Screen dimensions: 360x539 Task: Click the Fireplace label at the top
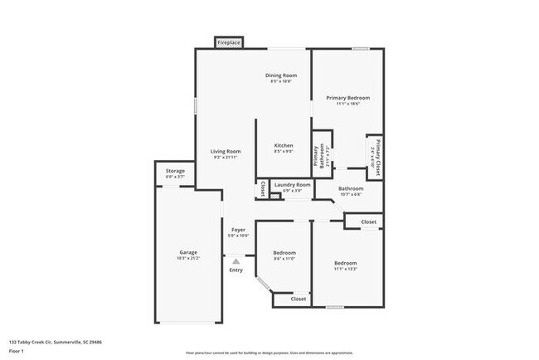[230, 42]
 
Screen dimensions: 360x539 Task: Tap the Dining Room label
[281, 75]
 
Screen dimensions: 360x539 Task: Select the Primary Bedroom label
[347, 98]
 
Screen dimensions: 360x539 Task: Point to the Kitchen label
[284, 145]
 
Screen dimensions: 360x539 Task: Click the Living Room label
[226, 151]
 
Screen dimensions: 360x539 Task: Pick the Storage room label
[175, 171]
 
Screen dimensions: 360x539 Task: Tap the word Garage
[188, 252]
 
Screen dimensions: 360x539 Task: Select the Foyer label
[238, 230]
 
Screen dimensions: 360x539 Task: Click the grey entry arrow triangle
[236, 260]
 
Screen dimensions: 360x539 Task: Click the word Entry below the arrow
[236, 270]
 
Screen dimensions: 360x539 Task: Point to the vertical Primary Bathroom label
[317, 156]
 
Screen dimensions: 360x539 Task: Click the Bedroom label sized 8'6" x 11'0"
[284, 252]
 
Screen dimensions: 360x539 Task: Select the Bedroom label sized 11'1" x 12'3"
[347, 261]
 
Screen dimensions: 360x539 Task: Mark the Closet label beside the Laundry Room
[263, 189]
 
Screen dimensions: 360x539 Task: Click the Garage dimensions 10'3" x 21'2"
[188, 258]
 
